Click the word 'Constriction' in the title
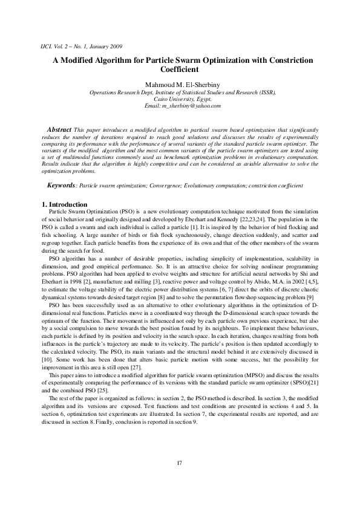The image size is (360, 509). pyautogui.click(x=287, y=60)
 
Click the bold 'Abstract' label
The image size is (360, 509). pyautogui.click(x=59, y=130)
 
